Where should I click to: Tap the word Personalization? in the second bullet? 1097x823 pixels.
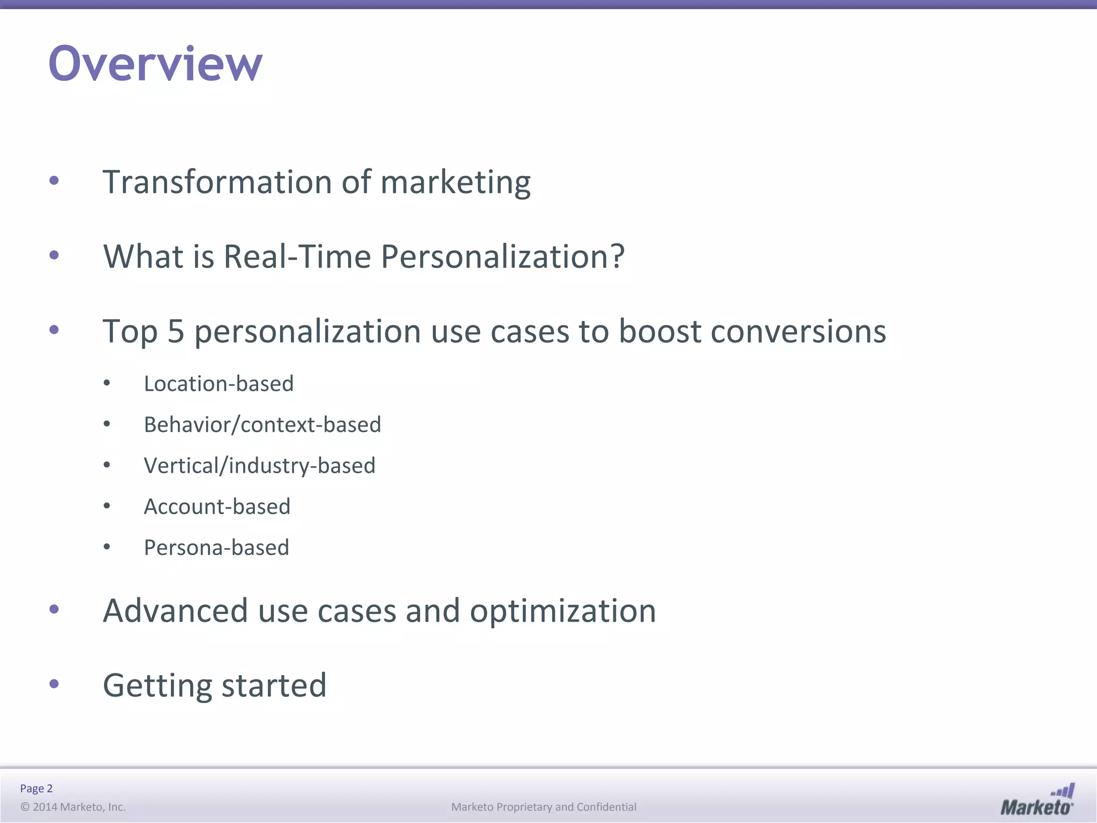(502, 256)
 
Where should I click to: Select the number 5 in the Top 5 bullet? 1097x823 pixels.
(176, 331)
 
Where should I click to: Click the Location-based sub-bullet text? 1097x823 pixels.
(219, 384)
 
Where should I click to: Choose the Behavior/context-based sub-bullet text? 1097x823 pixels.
(262, 425)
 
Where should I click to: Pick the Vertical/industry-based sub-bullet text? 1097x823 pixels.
(259, 466)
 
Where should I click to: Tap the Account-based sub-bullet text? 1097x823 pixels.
(217, 507)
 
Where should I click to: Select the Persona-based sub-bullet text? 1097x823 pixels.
(216, 548)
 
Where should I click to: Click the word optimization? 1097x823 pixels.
(562, 611)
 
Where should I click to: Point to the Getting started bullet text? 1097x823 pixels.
(214, 685)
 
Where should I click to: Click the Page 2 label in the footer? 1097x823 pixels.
(36, 788)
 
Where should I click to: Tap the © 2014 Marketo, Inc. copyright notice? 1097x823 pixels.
(73, 807)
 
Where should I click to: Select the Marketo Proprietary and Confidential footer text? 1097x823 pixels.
(544, 807)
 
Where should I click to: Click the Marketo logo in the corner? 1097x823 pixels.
(1037, 799)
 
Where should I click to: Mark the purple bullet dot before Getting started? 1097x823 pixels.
(54, 684)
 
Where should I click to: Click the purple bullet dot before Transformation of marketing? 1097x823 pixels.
(54, 181)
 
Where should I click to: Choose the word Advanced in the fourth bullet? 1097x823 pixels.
(175, 611)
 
